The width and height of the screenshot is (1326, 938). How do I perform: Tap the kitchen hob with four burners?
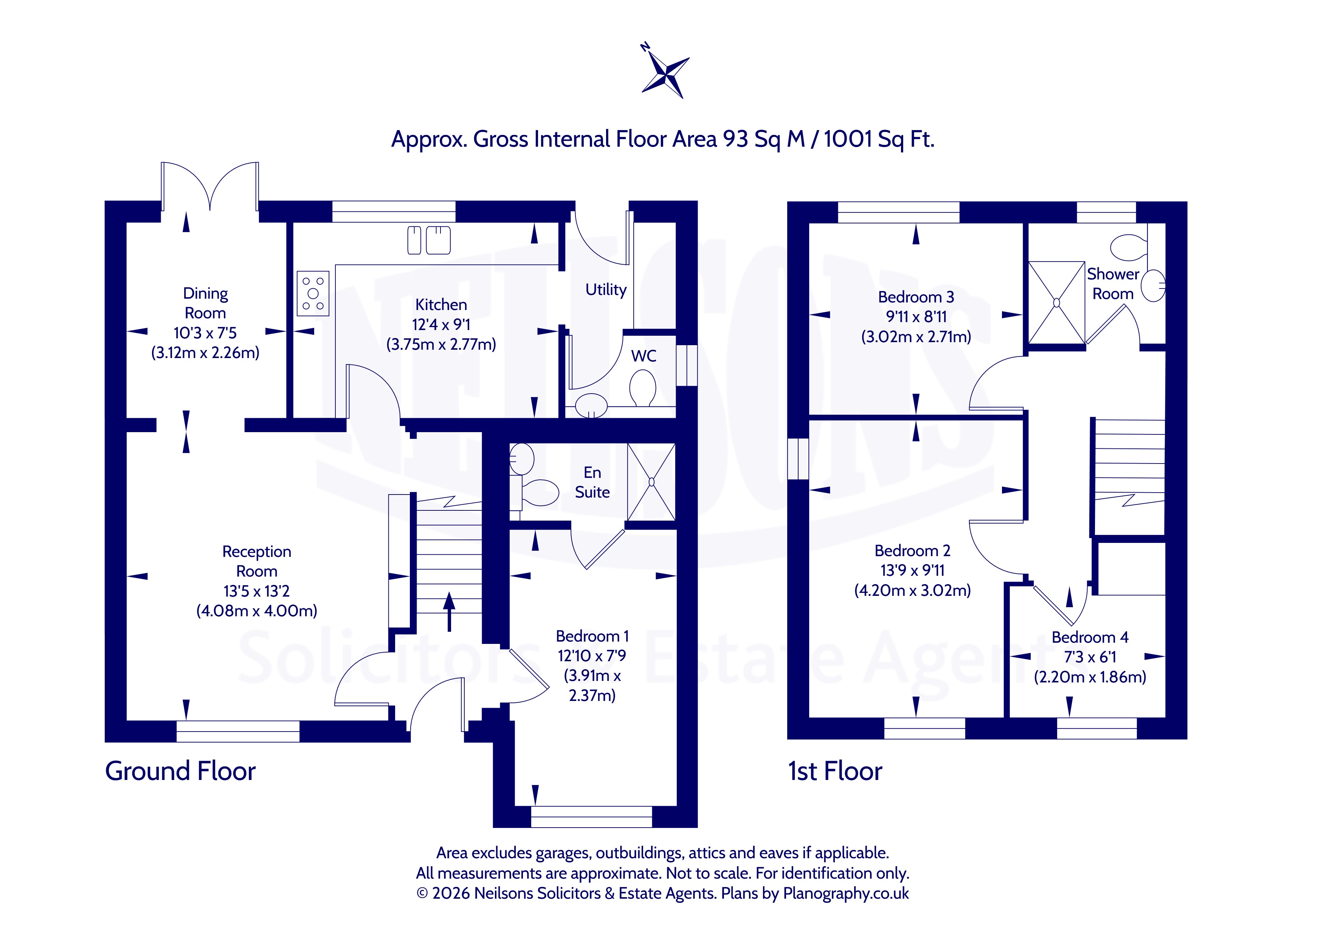tap(313, 294)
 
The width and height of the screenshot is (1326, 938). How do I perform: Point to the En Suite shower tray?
tap(651, 482)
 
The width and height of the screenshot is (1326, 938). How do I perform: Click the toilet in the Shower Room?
tap(1129, 247)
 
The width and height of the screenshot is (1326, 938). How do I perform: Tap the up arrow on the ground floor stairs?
tap(449, 611)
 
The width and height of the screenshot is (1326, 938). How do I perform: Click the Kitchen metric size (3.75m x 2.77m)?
tap(441, 345)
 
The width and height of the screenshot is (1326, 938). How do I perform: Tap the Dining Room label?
tap(206, 303)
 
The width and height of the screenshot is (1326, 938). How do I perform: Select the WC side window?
tap(687, 365)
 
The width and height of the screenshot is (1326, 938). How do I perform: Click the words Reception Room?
tap(257, 561)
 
